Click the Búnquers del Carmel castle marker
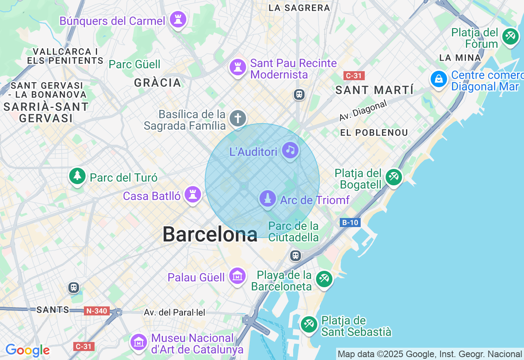coord(178,19)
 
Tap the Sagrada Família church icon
coord(238,119)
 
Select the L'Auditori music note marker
coord(290,150)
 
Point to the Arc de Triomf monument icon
coord(268,199)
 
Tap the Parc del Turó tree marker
coord(77,176)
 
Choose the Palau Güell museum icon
coord(237,277)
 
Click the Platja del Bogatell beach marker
coord(394,177)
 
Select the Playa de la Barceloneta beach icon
coord(324,279)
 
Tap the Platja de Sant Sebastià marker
coord(309,324)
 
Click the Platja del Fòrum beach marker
coord(510,36)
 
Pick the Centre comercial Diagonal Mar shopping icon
coord(439,79)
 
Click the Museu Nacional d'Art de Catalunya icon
coord(139,342)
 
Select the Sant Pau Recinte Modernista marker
coord(237,67)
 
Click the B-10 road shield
coord(350,223)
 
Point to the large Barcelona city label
coord(210,235)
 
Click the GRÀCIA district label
coord(158,83)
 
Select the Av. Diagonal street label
coord(363,110)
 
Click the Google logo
coord(27,351)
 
